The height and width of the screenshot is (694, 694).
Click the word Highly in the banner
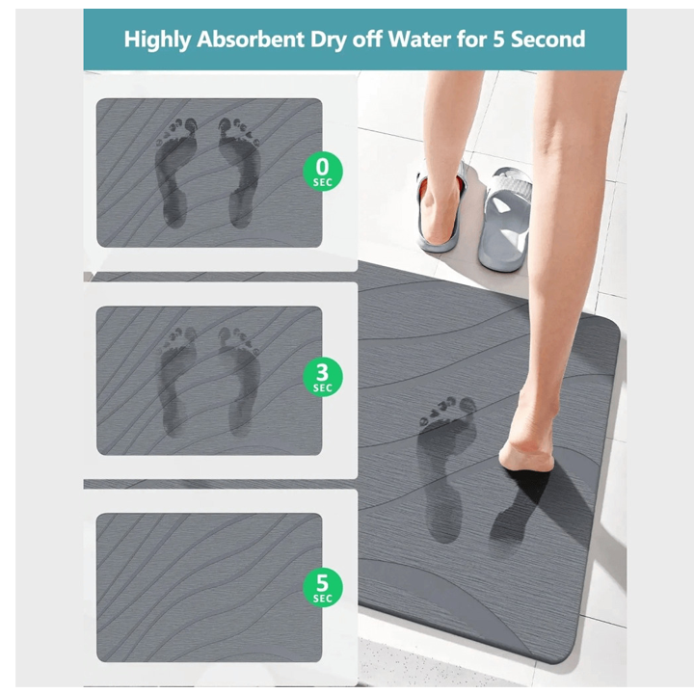coord(157,40)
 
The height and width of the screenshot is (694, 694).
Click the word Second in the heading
coord(547,39)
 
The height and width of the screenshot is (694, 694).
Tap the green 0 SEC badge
coord(323,172)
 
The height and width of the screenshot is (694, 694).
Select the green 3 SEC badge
coord(323,377)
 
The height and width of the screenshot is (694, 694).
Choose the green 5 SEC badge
coord(323,587)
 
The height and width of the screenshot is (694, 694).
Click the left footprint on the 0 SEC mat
coord(175,172)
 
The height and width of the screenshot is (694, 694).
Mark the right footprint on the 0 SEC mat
coord(239,172)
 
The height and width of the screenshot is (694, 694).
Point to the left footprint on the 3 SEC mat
coord(177,382)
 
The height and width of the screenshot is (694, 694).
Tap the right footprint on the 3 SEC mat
coord(239,382)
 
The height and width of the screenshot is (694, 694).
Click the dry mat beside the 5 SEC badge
coord(209,587)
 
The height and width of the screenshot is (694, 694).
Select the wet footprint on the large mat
coord(444,469)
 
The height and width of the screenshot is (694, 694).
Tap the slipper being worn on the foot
coord(440,208)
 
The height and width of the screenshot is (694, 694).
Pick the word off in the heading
coord(367,39)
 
